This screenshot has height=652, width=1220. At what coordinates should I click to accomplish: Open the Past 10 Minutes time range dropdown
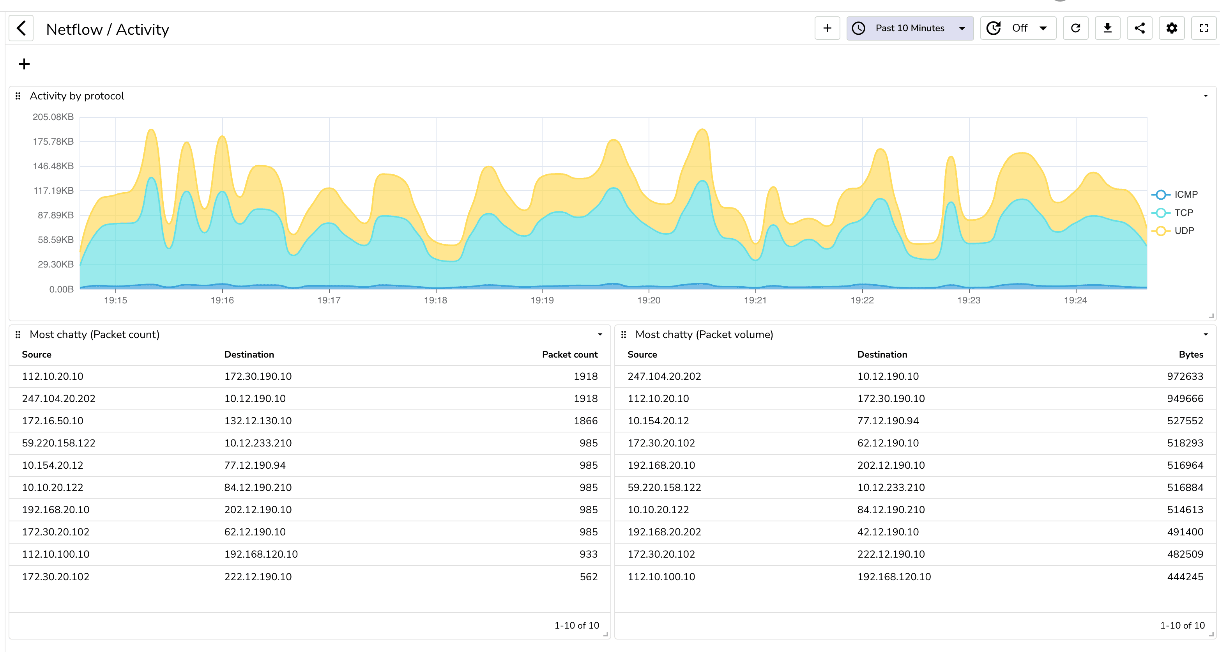click(x=909, y=28)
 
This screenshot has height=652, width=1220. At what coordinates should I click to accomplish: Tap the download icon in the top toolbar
click(x=1107, y=28)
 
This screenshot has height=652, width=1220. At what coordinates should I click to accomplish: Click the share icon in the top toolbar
click(x=1139, y=28)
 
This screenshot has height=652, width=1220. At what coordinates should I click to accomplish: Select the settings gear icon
click(x=1172, y=28)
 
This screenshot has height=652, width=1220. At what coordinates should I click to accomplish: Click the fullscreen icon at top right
click(x=1203, y=28)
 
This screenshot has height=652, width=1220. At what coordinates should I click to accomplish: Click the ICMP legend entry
click(x=1185, y=195)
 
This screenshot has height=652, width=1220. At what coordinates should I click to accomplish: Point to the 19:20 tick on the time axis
click(x=648, y=300)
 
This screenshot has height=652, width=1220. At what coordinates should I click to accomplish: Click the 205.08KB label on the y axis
click(x=53, y=117)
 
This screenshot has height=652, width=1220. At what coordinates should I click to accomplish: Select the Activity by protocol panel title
click(x=77, y=96)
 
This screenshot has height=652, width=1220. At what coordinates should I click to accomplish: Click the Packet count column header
click(x=569, y=354)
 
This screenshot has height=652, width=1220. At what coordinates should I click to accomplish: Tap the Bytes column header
click(x=1191, y=354)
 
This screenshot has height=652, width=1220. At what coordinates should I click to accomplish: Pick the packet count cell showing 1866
click(x=585, y=421)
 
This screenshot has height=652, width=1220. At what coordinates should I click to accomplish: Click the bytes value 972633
click(x=1185, y=376)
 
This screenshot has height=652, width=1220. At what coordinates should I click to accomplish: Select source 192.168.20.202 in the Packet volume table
click(x=664, y=532)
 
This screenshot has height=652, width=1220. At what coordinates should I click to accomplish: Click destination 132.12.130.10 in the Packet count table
click(x=258, y=421)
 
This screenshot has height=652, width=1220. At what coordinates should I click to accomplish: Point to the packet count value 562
click(x=588, y=577)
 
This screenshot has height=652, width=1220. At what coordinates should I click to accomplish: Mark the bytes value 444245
click(x=1185, y=577)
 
